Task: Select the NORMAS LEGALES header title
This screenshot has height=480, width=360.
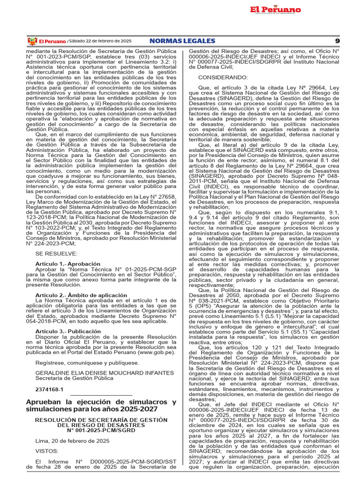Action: (182, 41)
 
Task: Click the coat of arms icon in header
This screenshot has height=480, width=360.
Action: (32, 41)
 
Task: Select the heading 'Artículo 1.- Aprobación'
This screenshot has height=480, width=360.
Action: (68, 264)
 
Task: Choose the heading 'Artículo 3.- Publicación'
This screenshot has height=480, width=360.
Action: (68, 331)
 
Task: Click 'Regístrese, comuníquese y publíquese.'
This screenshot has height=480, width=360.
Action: (87, 362)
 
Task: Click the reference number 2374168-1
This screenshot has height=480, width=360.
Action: (49, 390)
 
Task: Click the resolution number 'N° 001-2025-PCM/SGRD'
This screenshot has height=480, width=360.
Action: (101, 430)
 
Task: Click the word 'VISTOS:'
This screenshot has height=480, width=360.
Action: (47, 451)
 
